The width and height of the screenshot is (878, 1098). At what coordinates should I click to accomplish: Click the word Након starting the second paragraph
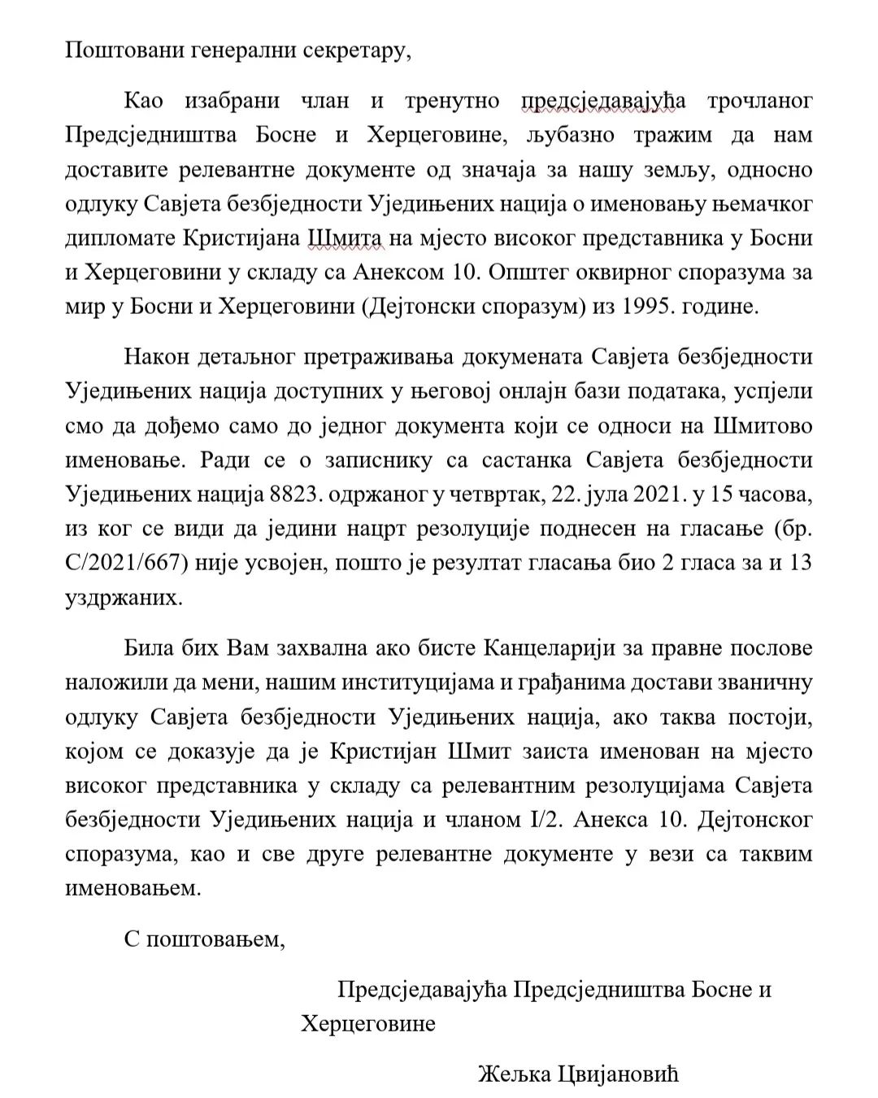[158, 357]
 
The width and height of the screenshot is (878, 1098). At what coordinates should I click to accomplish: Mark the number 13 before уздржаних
[801, 563]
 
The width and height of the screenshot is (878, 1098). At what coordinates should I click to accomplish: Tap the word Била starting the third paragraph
[154, 648]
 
